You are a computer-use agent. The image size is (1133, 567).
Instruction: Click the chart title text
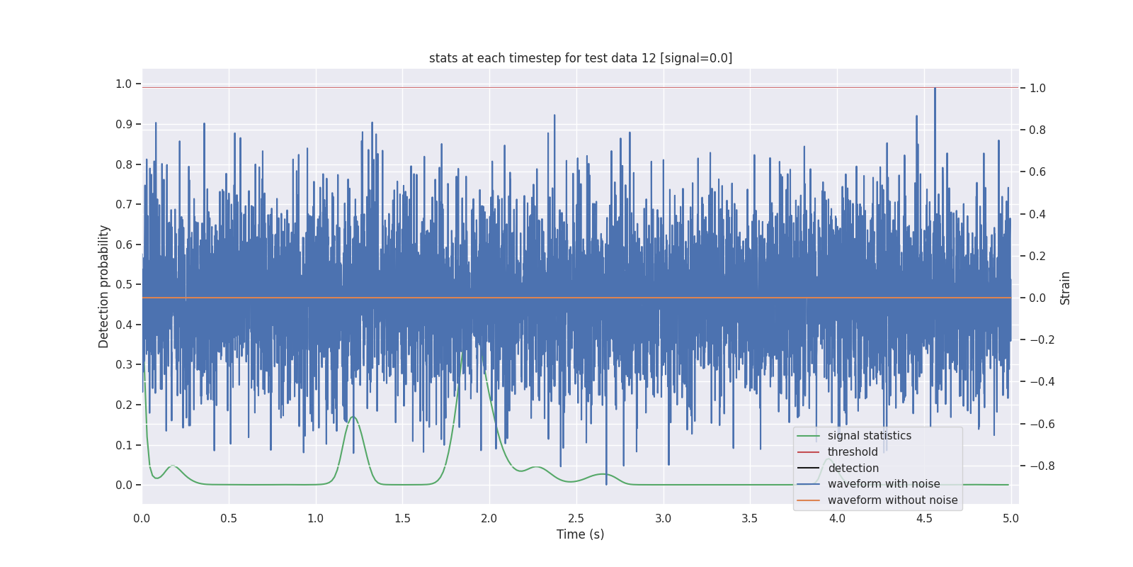tap(580, 58)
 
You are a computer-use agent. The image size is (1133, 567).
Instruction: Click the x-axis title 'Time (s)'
tap(580, 534)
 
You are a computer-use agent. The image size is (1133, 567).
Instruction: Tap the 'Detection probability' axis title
tap(104, 286)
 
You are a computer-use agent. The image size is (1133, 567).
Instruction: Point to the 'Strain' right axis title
tap(1065, 288)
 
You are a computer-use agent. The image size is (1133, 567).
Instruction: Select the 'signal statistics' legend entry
tap(869, 436)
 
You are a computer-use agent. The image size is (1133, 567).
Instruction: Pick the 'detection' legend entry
tap(853, 468)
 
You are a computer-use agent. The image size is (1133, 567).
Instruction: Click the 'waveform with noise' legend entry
tap(883, 484)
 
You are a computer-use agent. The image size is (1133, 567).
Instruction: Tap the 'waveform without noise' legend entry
tap(892, 500)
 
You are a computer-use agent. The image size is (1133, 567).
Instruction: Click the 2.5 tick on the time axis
tap(576, 518)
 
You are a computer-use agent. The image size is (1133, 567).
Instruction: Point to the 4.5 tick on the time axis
tap(924, 518)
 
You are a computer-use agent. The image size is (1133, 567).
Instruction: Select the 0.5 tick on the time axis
tap(229, 518)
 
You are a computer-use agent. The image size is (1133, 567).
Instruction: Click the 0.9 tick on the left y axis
tap(124, 124)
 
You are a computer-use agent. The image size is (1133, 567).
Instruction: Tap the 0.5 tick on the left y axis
tap(124, 285)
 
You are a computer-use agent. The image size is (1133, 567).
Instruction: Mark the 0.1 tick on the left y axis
tap(124, 445)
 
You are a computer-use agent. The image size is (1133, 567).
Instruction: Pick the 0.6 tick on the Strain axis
tap(1037, 172)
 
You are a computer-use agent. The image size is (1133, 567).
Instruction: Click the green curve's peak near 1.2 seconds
tap(353, 417)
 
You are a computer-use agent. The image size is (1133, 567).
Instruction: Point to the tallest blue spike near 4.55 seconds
tap(935, 89)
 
